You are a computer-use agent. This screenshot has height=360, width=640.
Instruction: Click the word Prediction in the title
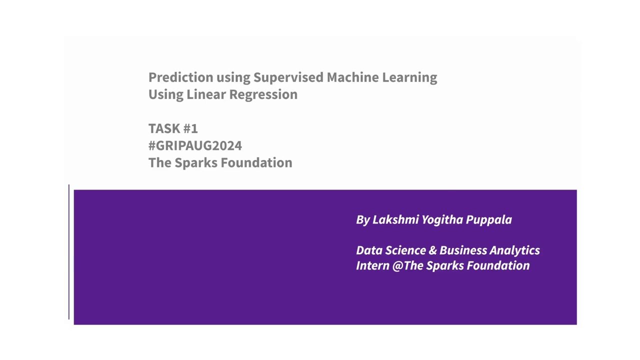[x=181, y=77]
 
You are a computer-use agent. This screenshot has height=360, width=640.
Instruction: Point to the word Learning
[x=409, y=77]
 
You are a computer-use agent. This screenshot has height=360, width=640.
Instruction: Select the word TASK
[x=164, y=128]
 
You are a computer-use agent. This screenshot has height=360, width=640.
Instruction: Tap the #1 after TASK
[x=190, y=128]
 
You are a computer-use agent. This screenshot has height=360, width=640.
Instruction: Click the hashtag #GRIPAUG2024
[x=195, y=145]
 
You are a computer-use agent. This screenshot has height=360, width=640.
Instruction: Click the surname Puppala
[x=488, y=219]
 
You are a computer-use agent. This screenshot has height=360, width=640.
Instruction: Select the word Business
[x=463, y=250]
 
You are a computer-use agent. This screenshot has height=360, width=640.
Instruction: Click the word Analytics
[x=514, y=250]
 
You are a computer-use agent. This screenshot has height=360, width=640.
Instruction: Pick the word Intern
[x=372, y=265]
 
